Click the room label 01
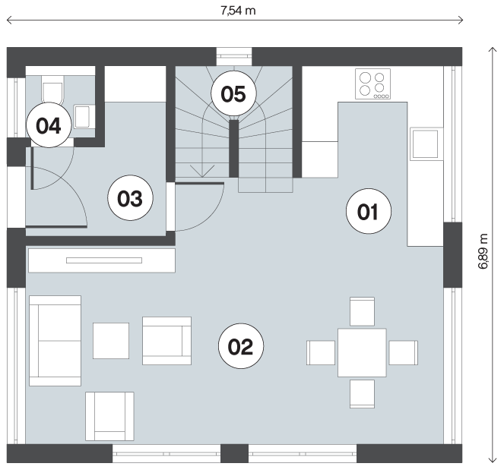tap(369, 211)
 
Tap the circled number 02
tap(241, 346)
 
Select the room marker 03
tap(130, 197)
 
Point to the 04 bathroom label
tap(49, 125)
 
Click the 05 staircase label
tap(233, 93)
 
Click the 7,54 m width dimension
tap(238, 11)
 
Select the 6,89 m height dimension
tap(483, 251)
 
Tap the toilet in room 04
tap(52, 89)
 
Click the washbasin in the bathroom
tap(83, 116)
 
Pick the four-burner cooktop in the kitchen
tap(372, 84)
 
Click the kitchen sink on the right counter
tap(425, 144)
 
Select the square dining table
tap(362, 352)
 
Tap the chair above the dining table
tap(363, 311)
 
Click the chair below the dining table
tap(363, 394)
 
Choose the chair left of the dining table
tap(321, 353)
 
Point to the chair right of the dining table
tap(404, 353)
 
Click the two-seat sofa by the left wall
tap(55, 341)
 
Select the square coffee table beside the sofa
tap(111, 341)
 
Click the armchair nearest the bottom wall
tap(109, 416)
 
